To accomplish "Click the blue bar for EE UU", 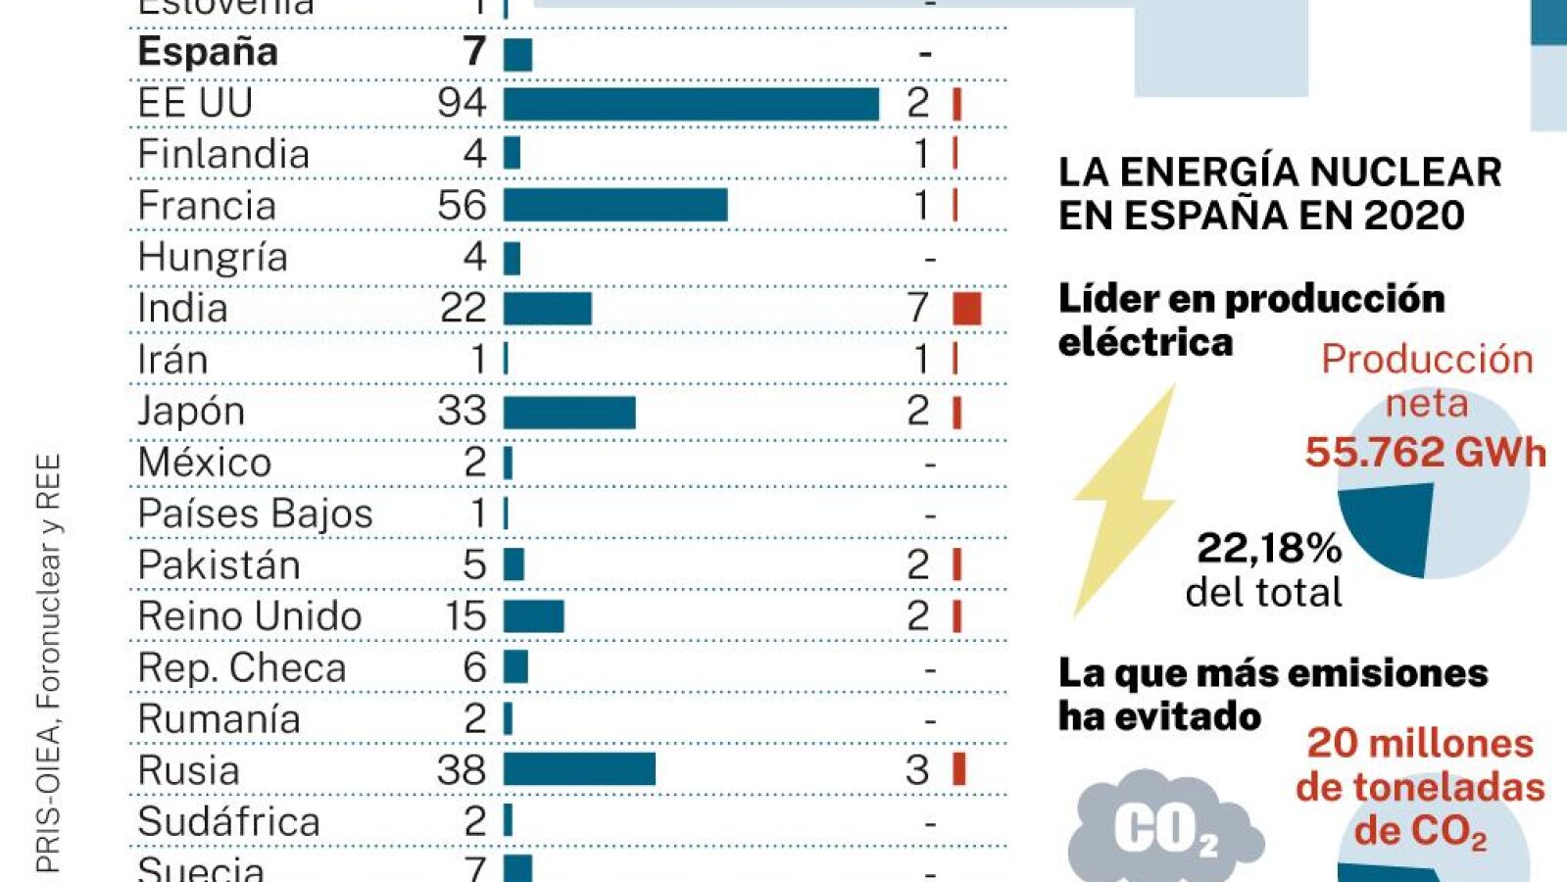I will click(691, 104).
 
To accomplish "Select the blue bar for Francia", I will click(615, 205).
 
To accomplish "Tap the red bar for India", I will click(966, 308).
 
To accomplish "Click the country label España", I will click(208, 52).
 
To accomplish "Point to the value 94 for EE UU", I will click(462, 103).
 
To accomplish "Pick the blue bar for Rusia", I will click(579, 769).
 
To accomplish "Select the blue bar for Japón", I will click(569, 412).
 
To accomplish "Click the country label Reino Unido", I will click(250, 616).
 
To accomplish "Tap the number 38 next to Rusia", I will click(462, 770).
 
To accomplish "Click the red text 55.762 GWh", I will click(1425, 453).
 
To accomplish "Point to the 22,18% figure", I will click(1269, 548).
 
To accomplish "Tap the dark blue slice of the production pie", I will click(1390, 524).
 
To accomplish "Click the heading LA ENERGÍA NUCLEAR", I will click(1280, 172).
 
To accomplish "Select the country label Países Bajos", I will click(255, 514).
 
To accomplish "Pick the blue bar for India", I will click(547, 308).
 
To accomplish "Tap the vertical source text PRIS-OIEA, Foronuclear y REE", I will click(48, 662).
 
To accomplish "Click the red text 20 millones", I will click(1419, 743).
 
